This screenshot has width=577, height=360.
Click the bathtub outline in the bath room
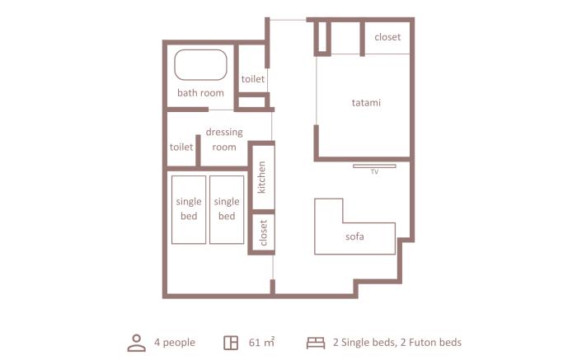200,50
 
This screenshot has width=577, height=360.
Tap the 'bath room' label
200,92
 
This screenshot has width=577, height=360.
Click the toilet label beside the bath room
253,79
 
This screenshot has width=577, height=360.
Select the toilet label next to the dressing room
181,147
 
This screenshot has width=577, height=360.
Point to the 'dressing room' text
224,139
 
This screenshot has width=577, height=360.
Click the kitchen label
261,177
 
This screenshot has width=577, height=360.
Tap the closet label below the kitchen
263,232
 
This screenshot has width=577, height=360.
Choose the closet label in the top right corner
387,37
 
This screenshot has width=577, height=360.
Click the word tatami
366,103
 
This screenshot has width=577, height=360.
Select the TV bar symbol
374,166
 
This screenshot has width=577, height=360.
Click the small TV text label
374,171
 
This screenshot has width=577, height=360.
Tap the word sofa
354,236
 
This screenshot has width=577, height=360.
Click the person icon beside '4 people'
137,343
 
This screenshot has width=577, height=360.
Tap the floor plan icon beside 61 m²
231,343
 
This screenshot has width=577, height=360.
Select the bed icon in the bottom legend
316,343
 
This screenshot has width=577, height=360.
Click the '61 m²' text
261,343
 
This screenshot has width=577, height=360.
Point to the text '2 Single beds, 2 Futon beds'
397,343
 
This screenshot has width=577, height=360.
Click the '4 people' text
175,343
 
